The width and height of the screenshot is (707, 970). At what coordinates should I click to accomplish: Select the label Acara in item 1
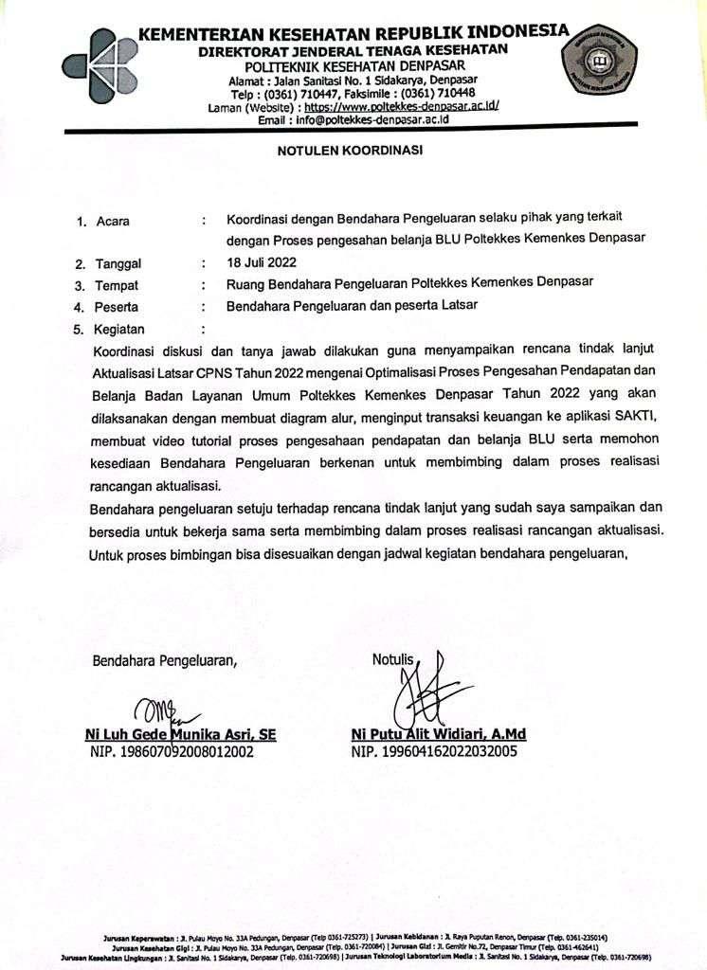point(113,222)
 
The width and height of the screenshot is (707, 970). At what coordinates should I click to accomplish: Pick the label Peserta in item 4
point(117,307)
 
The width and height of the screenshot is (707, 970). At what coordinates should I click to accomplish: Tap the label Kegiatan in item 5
point(119,330)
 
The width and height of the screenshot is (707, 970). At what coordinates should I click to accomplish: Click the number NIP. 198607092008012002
point(170,752)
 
